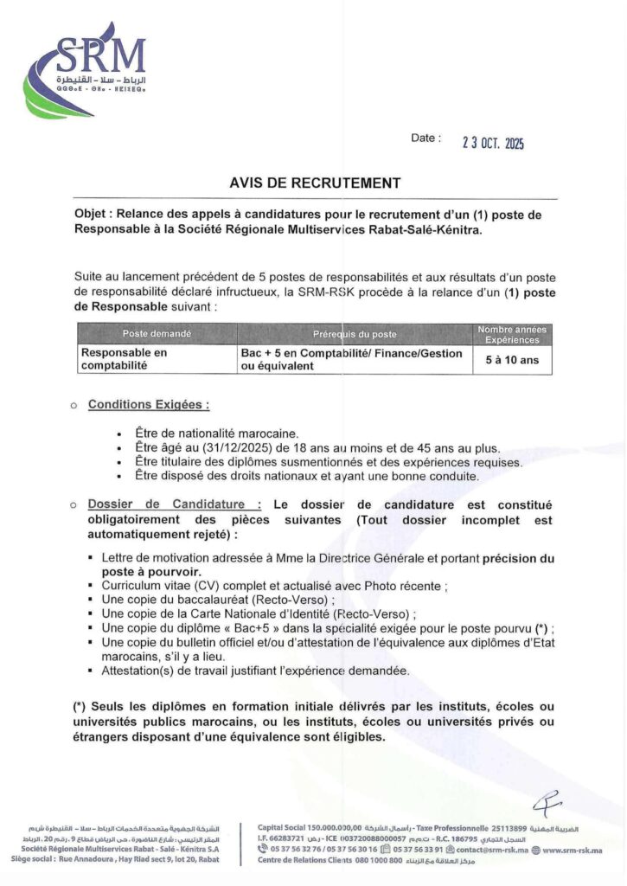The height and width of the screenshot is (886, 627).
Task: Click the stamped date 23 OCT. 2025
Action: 493,144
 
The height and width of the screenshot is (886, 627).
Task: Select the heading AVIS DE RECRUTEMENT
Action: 315,183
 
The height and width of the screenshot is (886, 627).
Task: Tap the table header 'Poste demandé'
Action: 157,334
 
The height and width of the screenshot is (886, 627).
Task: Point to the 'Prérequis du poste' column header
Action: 355,334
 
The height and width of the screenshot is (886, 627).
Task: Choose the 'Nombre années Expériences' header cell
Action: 512,334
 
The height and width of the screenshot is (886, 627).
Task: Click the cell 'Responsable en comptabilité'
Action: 125,360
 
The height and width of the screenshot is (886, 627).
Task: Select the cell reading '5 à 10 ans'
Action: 512,360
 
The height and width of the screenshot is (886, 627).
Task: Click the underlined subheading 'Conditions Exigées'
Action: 148,404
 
